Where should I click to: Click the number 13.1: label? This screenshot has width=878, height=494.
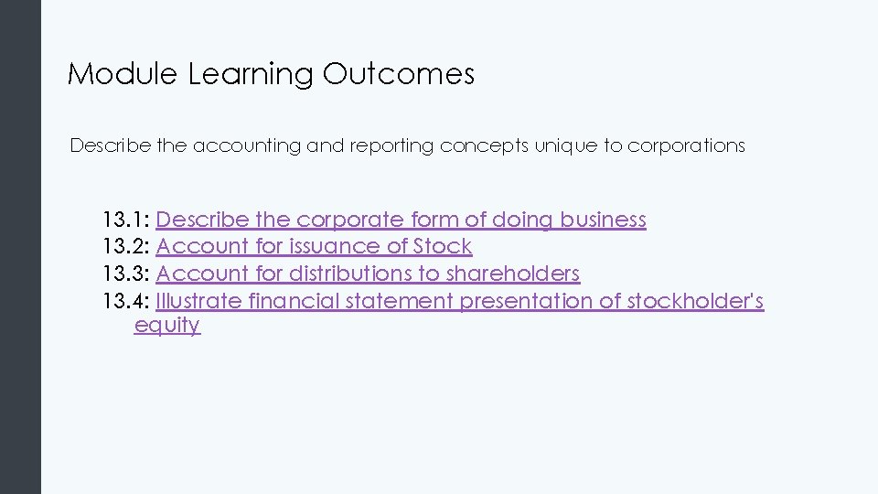coord(126,220)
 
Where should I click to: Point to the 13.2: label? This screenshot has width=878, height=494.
coord(126,247)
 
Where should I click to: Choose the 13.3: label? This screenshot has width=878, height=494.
coord(126,274)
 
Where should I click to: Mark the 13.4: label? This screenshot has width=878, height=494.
coord(126,301)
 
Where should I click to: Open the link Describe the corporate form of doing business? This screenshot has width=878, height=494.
coord(401,220)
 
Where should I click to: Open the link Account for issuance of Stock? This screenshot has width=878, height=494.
coord(314,247)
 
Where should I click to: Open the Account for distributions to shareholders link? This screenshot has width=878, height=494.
coord(368,274)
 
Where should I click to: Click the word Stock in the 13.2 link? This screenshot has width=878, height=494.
coord(443,247)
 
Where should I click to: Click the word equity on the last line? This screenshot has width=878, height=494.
coord(166,327)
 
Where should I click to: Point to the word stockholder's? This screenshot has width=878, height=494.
coord(695,301)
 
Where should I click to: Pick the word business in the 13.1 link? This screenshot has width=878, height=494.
coord(603,220)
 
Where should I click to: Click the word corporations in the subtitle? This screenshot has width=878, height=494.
coord(686,146)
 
